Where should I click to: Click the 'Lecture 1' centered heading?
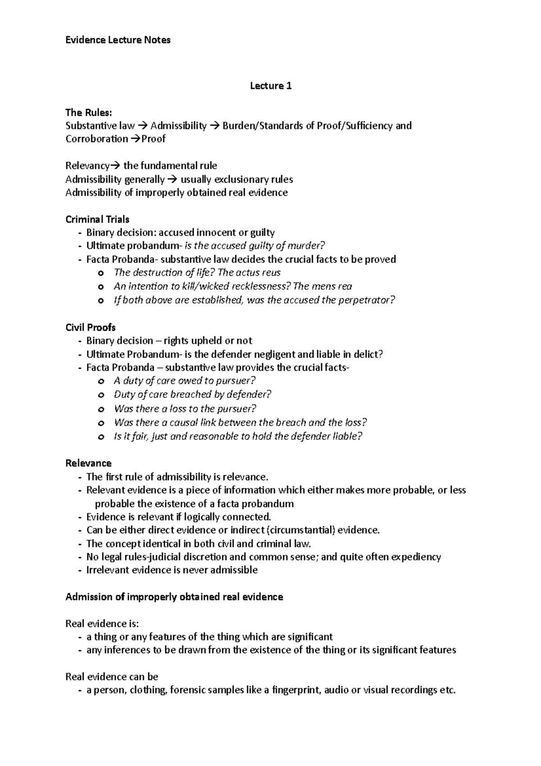pyautogui.click(x=270, y=86)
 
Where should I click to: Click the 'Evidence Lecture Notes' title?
pyautogui.click(x=118, y=40)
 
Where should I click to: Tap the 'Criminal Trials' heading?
pyautogui.click(x=97, y=219)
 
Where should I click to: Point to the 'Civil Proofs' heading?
pyautogui.click(x=91, y=328)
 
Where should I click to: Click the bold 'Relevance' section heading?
pyautogui.click(x=88, y=463)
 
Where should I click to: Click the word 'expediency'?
pyautogui.click(x=416, y=557)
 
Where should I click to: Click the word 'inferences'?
pyautogui.click(x=128, y=650)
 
